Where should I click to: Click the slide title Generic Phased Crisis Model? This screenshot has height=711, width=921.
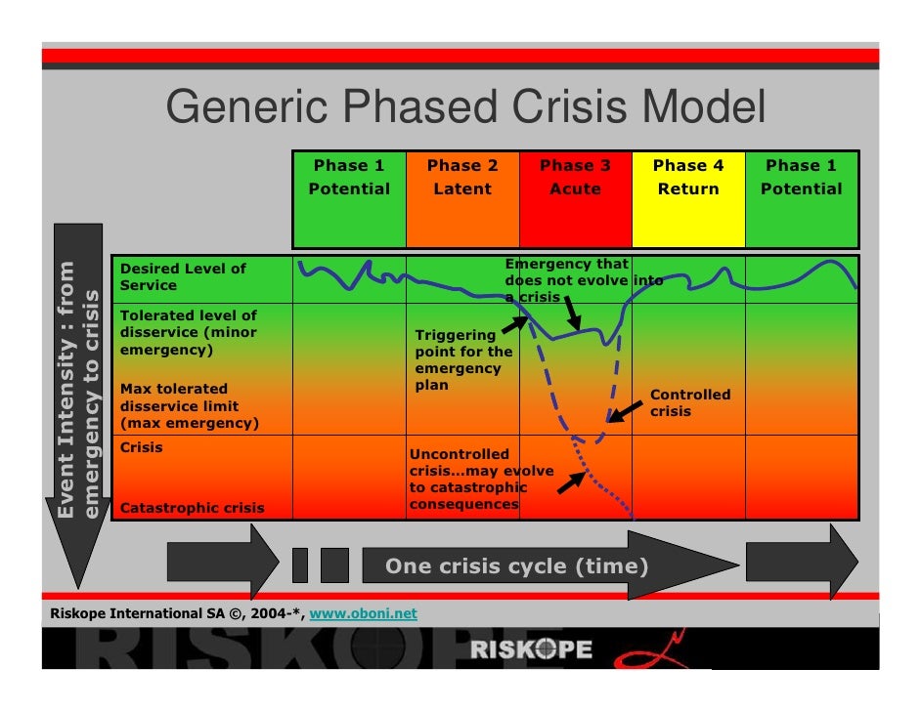tap(465, 107)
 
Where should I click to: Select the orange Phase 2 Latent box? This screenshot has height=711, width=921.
tap(462, 199)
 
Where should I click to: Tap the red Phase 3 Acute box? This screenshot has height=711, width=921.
tap(575, 199)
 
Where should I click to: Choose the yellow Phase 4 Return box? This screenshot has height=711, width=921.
tap(688, 199)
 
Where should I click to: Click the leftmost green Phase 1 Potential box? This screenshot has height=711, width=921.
tap(349, 199)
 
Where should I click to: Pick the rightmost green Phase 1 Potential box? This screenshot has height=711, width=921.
tap(802, 199)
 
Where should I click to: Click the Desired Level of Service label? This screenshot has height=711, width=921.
tap(183, 276)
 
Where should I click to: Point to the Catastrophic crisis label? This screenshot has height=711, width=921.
tap(192, 508)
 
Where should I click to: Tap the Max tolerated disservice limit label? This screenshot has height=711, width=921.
tap(189, 406)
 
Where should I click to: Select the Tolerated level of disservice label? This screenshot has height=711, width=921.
tap(188, 332)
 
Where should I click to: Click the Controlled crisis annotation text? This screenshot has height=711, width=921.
tap(689, 403)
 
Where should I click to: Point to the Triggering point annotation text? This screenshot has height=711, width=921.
tap(463, 360)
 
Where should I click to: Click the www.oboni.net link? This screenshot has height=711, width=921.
tap(363, 614)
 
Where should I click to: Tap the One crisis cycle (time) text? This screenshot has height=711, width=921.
tap(516, 566)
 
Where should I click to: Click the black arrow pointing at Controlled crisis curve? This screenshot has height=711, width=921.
tap(626, 410)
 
